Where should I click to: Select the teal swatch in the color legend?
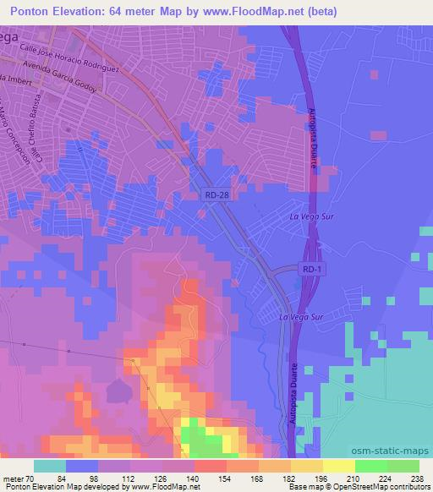coord(50,466)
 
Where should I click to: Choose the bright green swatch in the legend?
coord(371,466)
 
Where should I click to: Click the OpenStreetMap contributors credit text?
coord(390,487)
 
